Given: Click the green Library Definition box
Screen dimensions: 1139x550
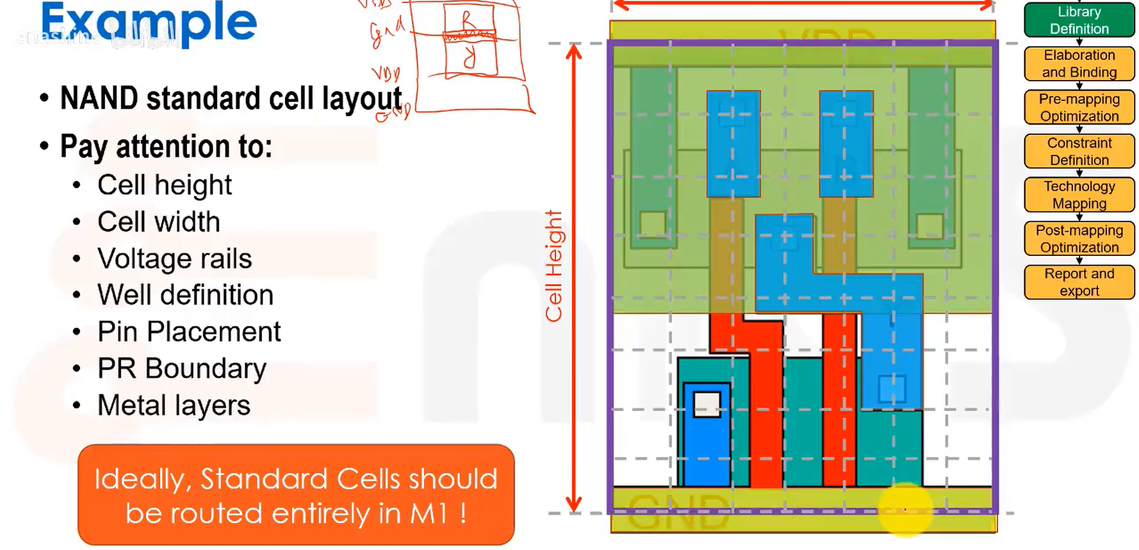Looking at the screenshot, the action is [1079, 20].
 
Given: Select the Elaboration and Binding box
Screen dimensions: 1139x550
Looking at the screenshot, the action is [1079, 64].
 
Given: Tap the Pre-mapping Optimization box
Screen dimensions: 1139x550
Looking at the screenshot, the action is [1079, 108].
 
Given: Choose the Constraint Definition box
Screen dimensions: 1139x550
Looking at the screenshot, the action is [1079, 151].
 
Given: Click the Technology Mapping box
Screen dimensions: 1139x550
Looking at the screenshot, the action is [1079, 195].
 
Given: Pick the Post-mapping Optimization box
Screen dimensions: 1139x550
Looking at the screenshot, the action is [1079, 239].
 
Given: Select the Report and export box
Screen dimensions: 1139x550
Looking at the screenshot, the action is [1079, 282].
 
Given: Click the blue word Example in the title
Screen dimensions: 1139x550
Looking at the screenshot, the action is [149, 23].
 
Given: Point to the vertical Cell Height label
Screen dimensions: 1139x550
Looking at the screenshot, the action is [554, 266].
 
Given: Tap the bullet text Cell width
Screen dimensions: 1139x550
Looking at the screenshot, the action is [159, 222].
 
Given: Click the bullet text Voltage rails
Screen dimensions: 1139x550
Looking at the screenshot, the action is [175, 259].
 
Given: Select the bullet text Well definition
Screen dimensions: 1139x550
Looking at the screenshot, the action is [185, 295].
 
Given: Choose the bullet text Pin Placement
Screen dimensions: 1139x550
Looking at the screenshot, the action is [189, 332].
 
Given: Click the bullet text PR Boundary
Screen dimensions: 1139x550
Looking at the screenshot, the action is [182, 369].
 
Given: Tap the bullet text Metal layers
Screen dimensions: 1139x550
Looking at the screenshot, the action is [173, 406].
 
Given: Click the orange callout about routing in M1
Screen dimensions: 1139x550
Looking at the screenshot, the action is [296, 495].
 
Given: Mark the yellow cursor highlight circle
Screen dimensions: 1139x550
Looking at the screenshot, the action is [905, 510].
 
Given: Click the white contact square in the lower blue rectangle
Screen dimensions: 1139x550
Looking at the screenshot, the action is [707, 404].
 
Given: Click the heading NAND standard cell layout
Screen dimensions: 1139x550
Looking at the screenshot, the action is [231, 99].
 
